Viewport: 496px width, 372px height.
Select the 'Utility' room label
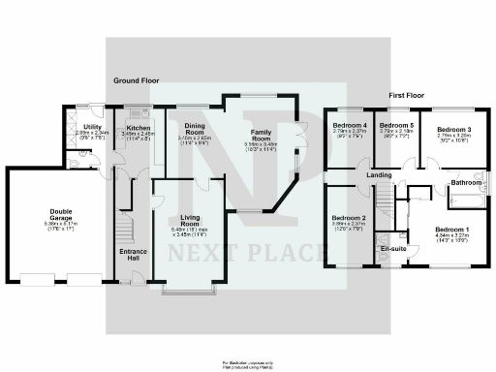tap(93, 127)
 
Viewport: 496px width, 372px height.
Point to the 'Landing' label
tap(379, 174)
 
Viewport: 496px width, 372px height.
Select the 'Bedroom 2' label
tap(350, 219)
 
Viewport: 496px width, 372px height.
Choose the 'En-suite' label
tap(393, 250)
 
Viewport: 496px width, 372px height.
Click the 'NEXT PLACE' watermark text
tap(247, 254)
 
